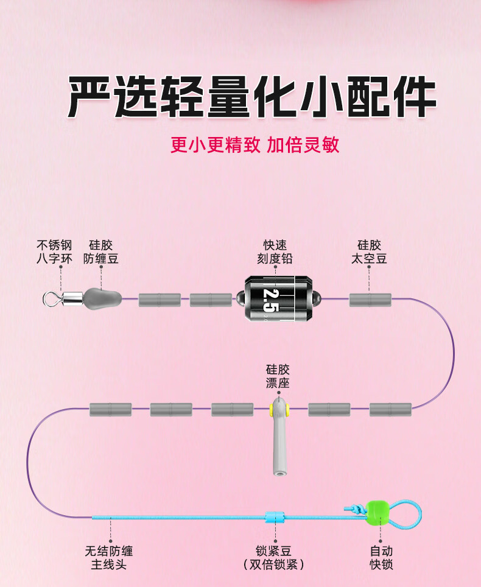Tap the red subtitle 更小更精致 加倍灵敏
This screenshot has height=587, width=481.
[255, 144]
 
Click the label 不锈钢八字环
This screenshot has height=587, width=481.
[54, 252]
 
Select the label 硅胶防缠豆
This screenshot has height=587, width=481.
[100, 252]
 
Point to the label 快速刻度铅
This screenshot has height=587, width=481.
[275, 252]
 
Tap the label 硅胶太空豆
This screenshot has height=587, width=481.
[369, 252]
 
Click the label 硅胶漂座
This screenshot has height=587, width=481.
[278, 376]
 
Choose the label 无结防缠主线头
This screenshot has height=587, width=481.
[109, 558]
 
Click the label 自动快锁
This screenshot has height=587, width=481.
[382, 558]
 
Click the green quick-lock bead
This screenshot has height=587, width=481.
[377, 511]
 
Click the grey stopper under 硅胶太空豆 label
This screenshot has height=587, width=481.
[370, 300]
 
